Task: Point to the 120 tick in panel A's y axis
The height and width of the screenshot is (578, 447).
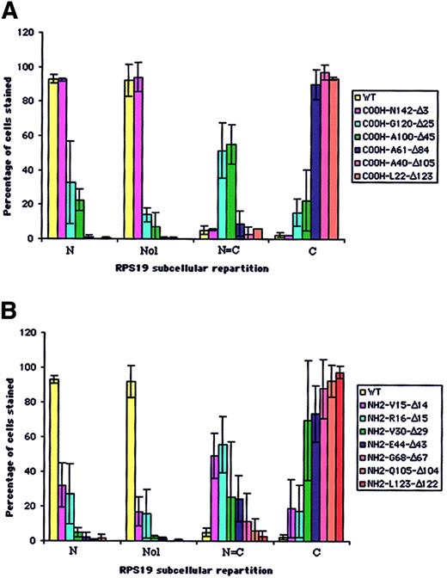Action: pyautogui.click(x=31, y=33)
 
